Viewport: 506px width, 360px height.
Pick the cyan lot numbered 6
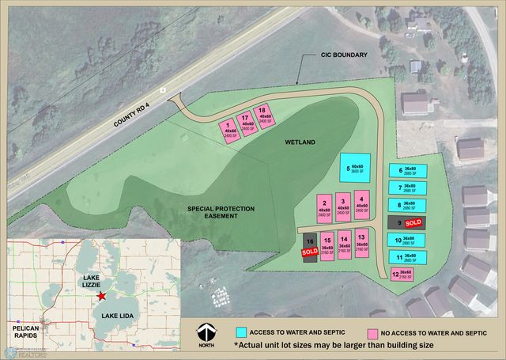coord(408,170)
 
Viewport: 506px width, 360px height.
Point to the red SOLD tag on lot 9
coord(413,223)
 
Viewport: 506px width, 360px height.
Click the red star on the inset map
coord(100,295)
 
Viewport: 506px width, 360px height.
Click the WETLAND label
coord(300,142)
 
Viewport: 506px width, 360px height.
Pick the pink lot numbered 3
coord(342,206)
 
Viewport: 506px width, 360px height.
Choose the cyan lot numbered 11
coord(408,258)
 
